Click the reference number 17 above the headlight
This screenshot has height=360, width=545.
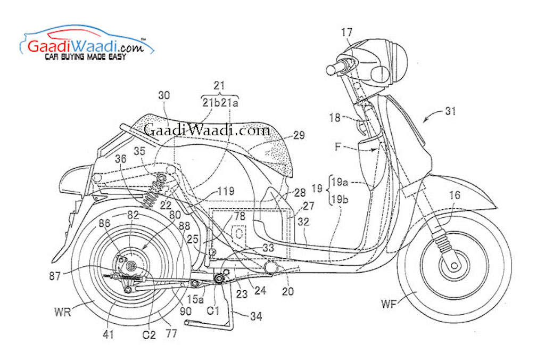346,32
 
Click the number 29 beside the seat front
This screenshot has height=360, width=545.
299,136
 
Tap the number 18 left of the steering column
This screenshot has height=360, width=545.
335,118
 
